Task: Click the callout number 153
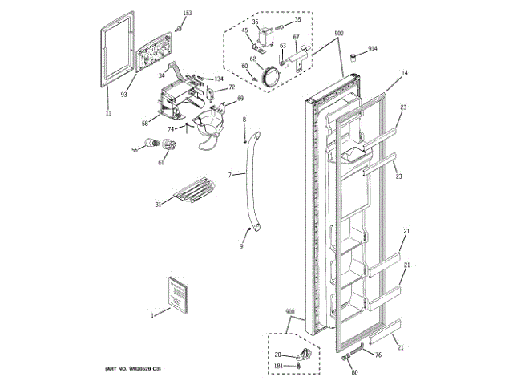[x=188, y=14]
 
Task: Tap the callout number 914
[x=373, y=50]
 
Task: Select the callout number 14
[x=405, y=73]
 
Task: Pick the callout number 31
[x=158, y=205]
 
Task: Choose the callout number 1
[x=151, y=315]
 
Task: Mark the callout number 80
[x=354, y=371]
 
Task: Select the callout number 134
[x=218, y=79]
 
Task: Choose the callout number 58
[x=145, y=123]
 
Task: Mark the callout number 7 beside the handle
[x=229, y=174]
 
